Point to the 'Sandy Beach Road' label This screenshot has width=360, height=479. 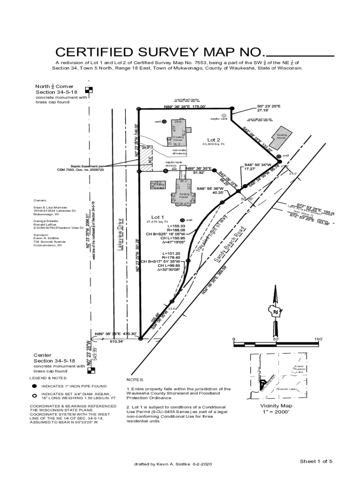230,251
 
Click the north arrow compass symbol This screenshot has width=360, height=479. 275,309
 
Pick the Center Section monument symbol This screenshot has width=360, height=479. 92,371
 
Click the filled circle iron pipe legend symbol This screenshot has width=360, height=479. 34,386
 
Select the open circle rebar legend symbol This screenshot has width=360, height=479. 34,395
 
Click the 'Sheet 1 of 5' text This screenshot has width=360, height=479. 316,461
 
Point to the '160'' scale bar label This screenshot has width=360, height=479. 319,339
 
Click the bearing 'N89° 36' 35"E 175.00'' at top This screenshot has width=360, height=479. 185,106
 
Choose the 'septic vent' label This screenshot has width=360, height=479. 217,119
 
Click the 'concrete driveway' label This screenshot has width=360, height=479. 180,152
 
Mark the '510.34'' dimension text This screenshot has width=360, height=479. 116,341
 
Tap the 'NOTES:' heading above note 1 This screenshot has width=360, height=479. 135,379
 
